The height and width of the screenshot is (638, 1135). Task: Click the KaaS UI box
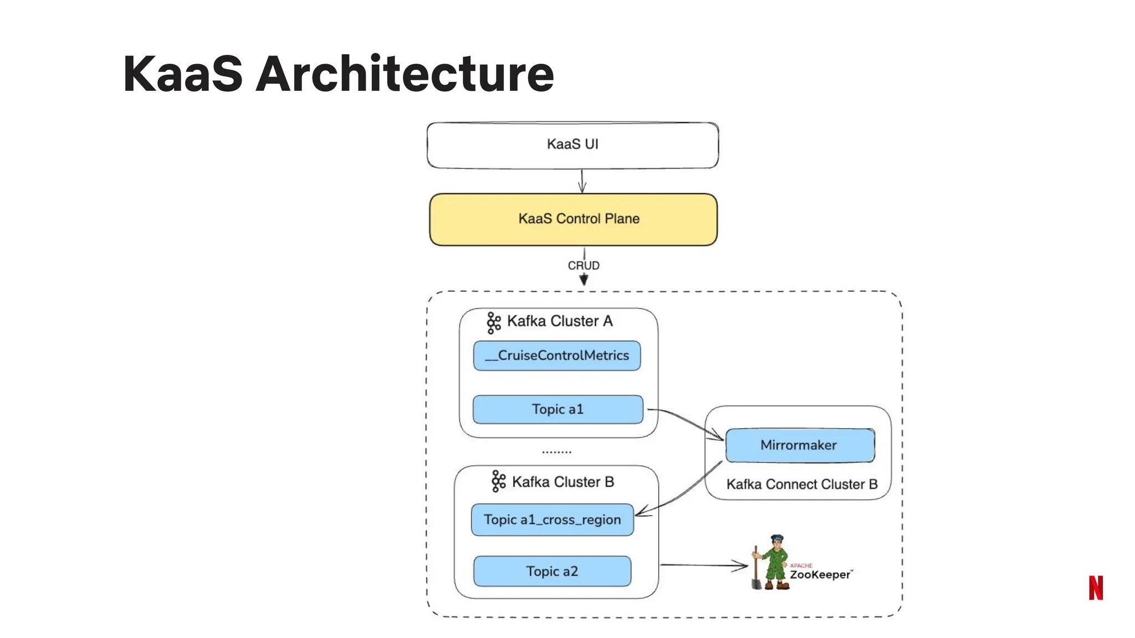tap(572, 145)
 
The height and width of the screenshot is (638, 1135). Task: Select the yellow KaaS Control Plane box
tap(573, 219)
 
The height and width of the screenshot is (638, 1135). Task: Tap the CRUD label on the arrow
tap(584, 266)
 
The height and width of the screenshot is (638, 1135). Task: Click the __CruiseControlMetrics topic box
tap(557, 356)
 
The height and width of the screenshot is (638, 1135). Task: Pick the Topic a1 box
tap(558, 409)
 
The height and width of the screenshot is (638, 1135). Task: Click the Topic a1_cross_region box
tap(552, 519)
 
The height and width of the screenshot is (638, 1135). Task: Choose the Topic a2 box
tap(552, 571)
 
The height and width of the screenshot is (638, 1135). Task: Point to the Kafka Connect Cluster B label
tap(802, 485)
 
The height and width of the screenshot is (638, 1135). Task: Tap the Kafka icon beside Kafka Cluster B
tap(498, 481)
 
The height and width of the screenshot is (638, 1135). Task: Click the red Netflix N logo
tap(1096, 588)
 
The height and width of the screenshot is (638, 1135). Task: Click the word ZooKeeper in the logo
tap(820, 575)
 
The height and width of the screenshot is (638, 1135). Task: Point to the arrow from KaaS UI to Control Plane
tap(582, 181)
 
